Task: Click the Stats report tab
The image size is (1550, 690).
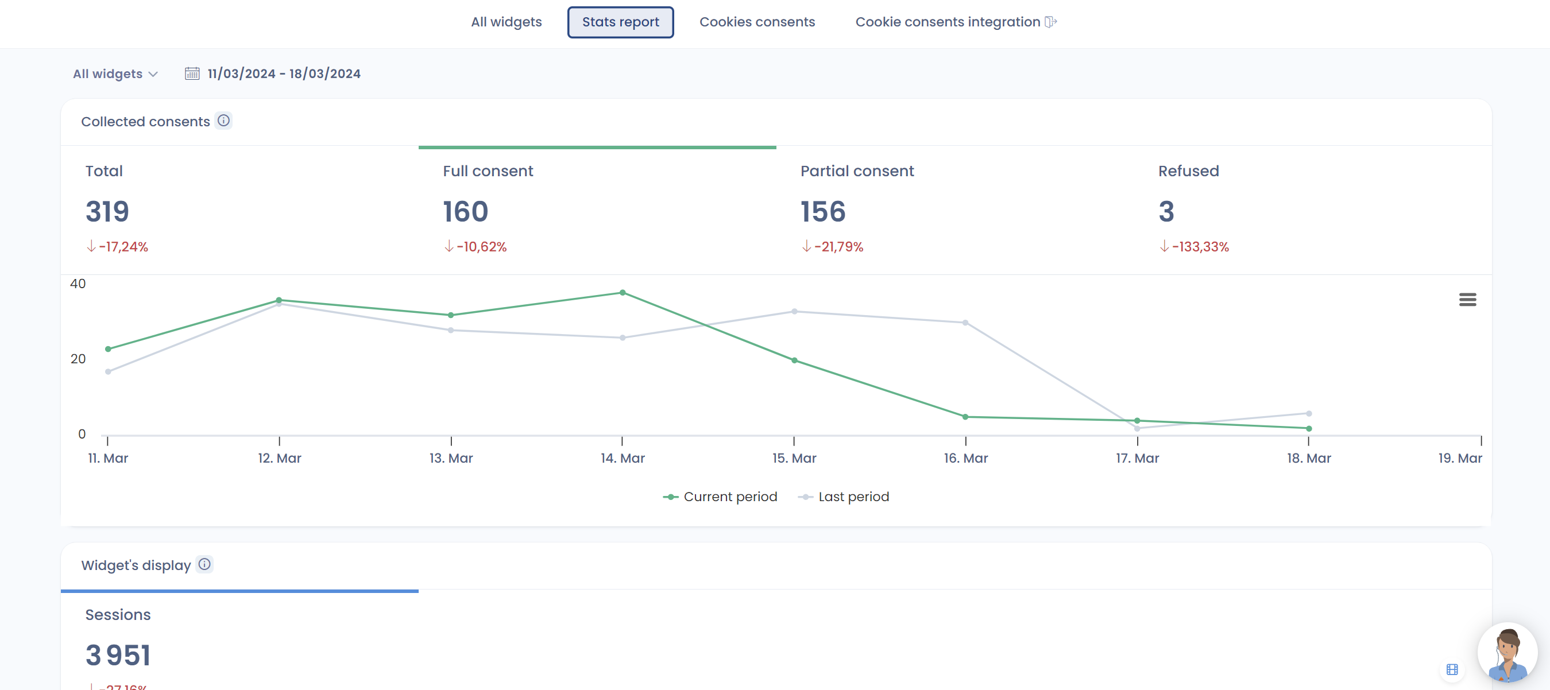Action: (x=620, y=22)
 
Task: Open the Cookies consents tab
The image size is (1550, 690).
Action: (x=757, y=22)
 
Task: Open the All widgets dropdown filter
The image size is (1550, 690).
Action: (x=115, y=74)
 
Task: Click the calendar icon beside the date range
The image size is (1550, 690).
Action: (x=192, y=73)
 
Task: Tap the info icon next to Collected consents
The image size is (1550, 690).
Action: (x=224, y=121)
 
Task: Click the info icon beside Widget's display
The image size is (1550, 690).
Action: (x=204, y=564)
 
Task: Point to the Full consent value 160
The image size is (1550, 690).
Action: (x=465, y=212)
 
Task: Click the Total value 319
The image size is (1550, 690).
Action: (x=107, y=212)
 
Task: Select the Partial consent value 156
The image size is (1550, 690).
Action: (x=822, y=212)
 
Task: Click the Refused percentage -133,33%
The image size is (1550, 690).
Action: (x=1200, y=247)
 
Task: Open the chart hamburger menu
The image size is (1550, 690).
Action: (x=1467, y=300)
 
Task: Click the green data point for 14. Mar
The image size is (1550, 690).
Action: (x=623, y=293)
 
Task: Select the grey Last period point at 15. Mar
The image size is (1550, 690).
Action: (x=794, y=312)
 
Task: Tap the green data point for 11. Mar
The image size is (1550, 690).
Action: (x=109, y=349)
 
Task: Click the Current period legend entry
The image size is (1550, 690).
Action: (x=721, y=497)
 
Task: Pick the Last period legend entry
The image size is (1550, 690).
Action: (x=844, y=497)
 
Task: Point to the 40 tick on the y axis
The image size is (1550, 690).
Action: (x=78, y=284)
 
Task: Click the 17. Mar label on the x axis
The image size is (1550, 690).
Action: (x=1137, y=459)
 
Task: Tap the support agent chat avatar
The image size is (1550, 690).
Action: (x=1507, y=653)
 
